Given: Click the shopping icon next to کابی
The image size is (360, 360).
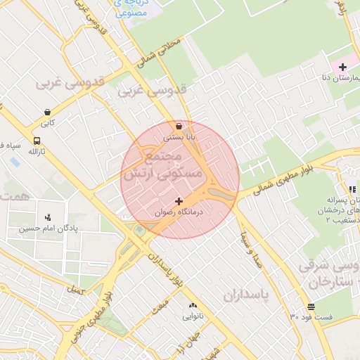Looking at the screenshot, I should pyautogui.click(x=47, y=112).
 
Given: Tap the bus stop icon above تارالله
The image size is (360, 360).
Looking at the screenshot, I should pyautogui.click(x=37, y=140).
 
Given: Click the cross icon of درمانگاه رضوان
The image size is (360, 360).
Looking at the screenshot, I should pyautogui.click(x=179, y=201).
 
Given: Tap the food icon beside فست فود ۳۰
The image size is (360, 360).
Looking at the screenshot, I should pyautogui.click(x=311, y=306).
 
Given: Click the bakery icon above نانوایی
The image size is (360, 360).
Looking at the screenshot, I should pyautogui.click(x=193, y=305).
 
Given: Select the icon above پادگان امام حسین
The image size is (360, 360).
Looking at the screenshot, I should pyautogui.click(x=47, y=217).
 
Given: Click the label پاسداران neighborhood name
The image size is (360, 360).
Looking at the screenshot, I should pyautogui.click(x=247, y=295).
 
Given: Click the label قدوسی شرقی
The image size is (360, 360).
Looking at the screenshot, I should pyautogui.click(x=330, y=266).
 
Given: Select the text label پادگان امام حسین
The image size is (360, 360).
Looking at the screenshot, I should pyautogui.click(x=45, y=229).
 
